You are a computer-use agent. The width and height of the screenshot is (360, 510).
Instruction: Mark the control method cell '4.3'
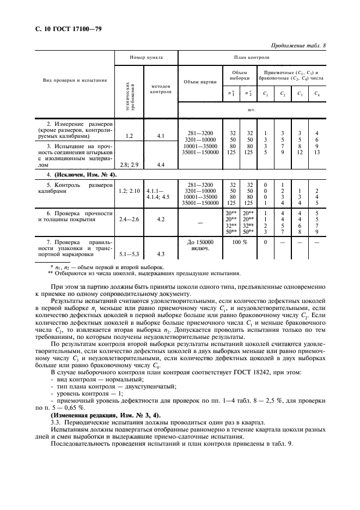(x=161, y=253)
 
